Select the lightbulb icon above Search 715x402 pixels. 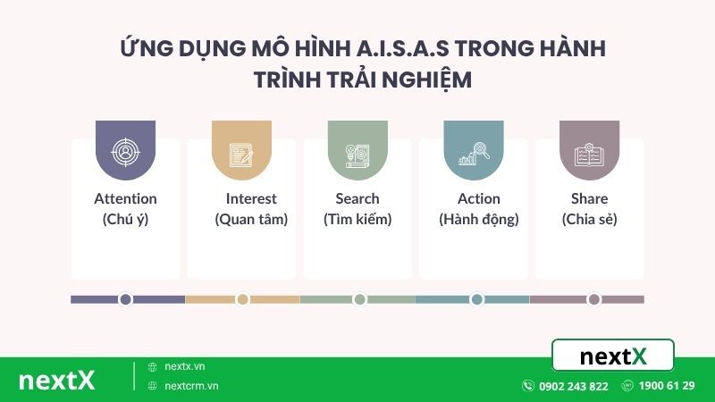click(x=357, y=154)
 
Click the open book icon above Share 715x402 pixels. click(x=589, y=154)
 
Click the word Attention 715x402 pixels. click(x=125, y=198)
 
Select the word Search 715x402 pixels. click(x=357, y=198)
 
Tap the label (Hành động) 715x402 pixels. click(x=479, y=219)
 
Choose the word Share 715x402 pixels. click(x=589, y=198)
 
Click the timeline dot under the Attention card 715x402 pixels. click(x=125, y=299)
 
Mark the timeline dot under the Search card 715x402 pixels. click(x=359, y=299)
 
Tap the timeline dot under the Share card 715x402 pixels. click(x=593, y=299)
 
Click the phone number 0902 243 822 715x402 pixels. click(x=574, y=386)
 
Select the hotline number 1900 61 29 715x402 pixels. click(x=667, y=386)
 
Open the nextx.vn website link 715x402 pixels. click(x=185, y=366)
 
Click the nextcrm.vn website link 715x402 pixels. click(x=191, y=386)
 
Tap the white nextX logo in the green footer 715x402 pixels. click(x=56, y=381)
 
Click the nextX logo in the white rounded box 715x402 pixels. click(x=613, y=356)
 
